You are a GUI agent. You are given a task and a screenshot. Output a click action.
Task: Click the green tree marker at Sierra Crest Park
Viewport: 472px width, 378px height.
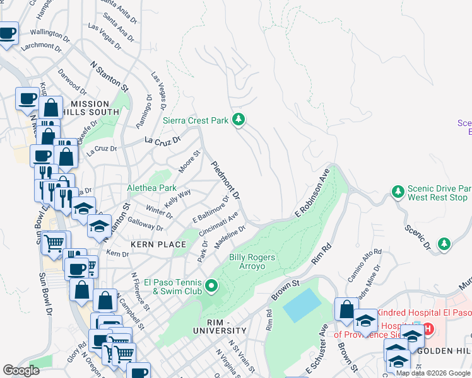click(x=239, y=119)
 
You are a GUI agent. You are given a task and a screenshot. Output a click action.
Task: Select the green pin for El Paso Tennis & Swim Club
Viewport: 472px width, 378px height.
click(x=213, y=288)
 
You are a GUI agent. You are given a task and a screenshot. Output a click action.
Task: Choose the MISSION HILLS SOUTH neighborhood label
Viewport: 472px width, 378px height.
click(x=95, y=108)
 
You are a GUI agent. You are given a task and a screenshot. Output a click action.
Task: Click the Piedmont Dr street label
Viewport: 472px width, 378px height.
click(x=225, y=180)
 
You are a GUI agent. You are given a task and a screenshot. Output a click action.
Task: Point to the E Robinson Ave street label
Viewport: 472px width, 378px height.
click(x=312, y=192)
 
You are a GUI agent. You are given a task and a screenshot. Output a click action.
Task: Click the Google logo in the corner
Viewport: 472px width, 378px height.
click(x=21, y=370)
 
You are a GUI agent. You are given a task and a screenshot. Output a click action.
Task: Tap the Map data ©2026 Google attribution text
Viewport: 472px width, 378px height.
click(x=433, y=373)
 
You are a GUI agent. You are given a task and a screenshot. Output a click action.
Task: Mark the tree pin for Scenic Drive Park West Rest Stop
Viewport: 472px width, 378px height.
click(x=398, y=190)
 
